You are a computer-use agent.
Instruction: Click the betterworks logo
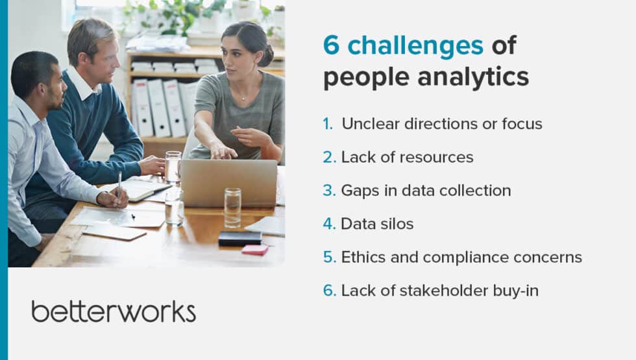click(114, 311)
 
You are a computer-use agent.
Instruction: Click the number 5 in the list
click(329, 257)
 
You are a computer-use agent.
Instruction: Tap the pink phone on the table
click(254, 249)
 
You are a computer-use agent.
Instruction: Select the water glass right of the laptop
click(232, 208)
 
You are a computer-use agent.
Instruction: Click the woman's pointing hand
click(221, 150)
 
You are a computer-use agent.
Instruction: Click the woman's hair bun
click(267, 54)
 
